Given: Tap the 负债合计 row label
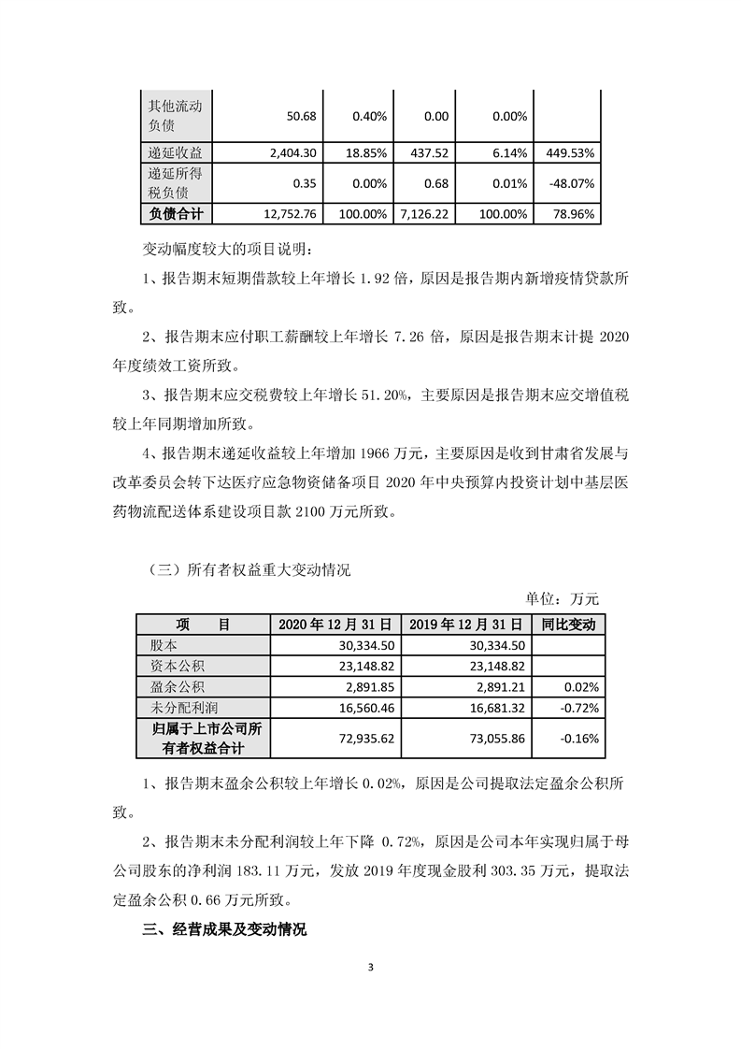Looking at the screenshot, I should pos(176,214).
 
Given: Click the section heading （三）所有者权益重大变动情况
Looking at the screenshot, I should pos(249,570).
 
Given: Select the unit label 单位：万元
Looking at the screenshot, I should pos(556,598).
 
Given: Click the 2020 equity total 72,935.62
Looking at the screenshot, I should pos(365,738).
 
